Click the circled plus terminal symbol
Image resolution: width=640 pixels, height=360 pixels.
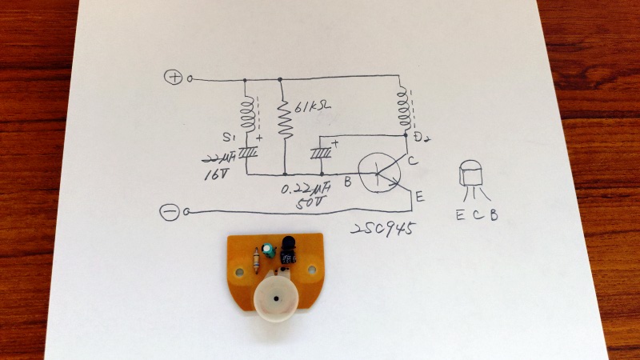(174, 78)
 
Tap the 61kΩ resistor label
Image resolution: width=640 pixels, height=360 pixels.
(310, 107)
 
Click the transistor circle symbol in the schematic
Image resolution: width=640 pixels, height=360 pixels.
(378, 172)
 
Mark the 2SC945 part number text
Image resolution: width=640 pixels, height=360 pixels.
(383, 230)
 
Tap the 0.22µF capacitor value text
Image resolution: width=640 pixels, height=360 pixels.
(307, 192)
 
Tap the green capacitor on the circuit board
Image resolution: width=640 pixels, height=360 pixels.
(272, 251)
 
